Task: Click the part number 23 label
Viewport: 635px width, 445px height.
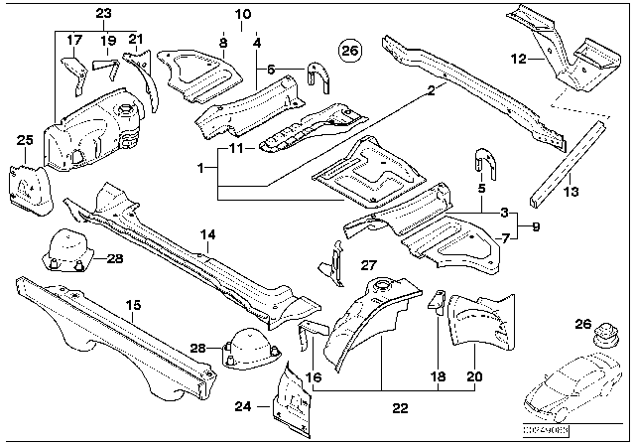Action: tap(104, 13)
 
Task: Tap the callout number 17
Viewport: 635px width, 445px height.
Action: tap(73, 40)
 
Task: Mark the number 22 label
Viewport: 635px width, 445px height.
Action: tap(399, 407)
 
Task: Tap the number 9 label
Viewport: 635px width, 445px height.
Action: tap(522, 226)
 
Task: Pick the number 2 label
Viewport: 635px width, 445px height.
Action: tap(432, 90)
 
